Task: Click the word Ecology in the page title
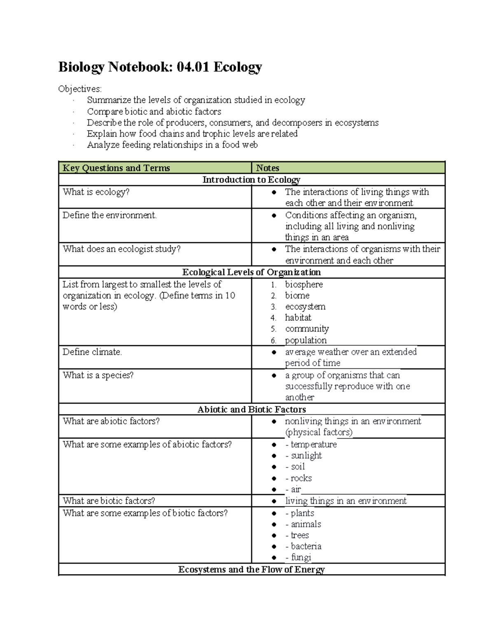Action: [238, 67]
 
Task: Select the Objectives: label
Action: [80, 89]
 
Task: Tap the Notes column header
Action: [268, 168]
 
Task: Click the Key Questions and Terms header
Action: [116, 168]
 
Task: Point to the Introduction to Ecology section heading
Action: [251, 180]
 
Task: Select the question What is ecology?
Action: [96, 192]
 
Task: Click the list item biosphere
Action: [304, 284]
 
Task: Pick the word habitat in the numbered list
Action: [298, 318]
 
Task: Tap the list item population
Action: [306, 340]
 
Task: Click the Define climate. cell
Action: [92, 352]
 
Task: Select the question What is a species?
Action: [98, 375]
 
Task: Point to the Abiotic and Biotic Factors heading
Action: [252, 410]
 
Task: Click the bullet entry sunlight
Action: [306, 456]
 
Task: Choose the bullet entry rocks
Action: [301, 478]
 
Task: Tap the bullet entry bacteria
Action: [306, 546]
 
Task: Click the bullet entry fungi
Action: [301, 558]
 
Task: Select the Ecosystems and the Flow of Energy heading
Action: [252, 570]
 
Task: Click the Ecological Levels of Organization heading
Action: [252, 272]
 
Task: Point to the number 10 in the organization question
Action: [230, 295]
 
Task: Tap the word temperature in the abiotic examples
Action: [314, 445]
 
